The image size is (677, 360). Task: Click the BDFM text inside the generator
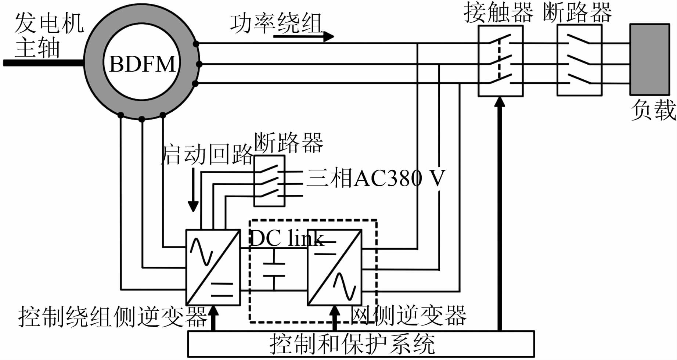pyautogui.click(x=143, y=64)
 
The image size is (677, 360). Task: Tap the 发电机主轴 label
pyautogui.click(x=48, y=36)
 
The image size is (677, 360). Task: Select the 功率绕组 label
pyautogui.click(x=276, y=23)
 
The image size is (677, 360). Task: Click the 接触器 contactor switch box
pyautogui.click(x=500, y=61)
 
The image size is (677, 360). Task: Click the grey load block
pyautogui.click(x=649, y=60)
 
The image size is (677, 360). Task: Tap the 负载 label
pyautogui.click(x=653, y=110)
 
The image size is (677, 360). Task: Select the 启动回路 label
pyautogui.click(x=207, y=154)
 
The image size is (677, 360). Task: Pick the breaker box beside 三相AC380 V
pyautogui.click(x=269, y=181)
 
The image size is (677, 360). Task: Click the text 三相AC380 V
pyautogui.click(x=375, y=178)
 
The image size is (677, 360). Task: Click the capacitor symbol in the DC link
pyautogui.click(x=274, y=270)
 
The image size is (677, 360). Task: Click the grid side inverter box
pyautogui.click(x=335, y=267)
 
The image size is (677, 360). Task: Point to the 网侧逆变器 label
pyautogui.click(x=408, y=316)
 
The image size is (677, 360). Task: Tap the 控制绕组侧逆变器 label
pyautogui.click(x=113, y=316)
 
